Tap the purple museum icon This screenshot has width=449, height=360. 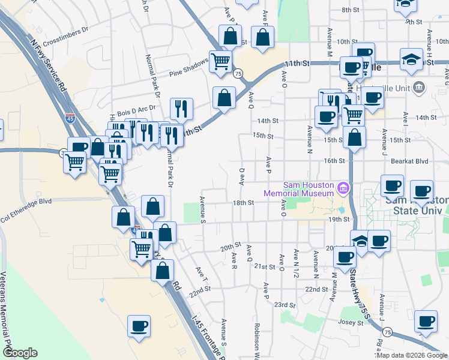tap(343, 189)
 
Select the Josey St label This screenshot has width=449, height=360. tap(352, 322)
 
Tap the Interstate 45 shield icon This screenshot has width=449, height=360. tap(70, 118)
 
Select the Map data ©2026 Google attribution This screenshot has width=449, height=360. tap(412, 355)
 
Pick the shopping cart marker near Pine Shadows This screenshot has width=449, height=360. tap(221, 61)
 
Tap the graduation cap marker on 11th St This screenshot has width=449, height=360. tap(411, 59)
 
